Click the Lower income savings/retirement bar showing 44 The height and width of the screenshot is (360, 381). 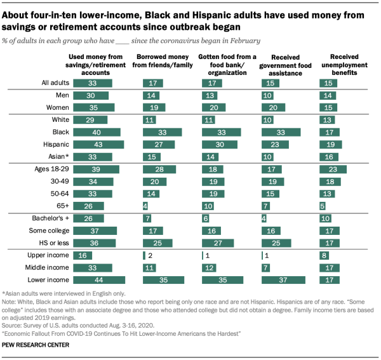[x=99, y=279]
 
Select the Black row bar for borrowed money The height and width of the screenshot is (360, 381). [x=162, y=131]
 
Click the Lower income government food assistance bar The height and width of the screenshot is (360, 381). [x=284, y=279]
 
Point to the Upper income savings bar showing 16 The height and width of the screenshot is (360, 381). [x=83, y=255]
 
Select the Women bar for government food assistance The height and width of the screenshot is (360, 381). [x=274, y=107]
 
